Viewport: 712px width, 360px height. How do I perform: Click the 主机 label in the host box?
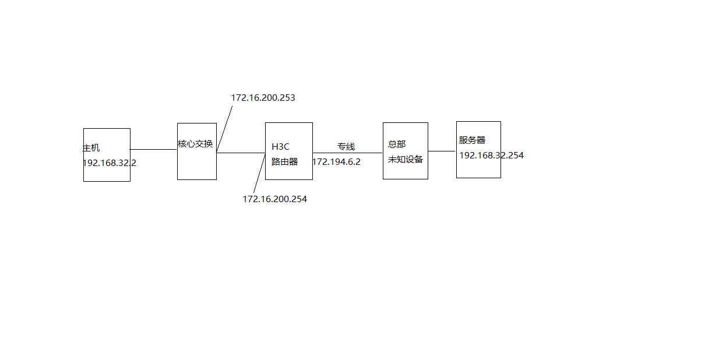(x=91, y=148)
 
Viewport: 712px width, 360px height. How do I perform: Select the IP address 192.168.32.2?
(x=110, y=163)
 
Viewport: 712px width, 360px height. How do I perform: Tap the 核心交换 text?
(x=195, y=144)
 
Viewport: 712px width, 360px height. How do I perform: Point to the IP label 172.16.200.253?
(x=263, y=98)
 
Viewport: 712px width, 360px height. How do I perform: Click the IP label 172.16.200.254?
(x=274, y=199)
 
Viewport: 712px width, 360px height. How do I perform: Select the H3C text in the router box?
(x=280, y=147)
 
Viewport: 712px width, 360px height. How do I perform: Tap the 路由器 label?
(x=284, y=162)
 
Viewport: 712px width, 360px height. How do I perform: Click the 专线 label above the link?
(x=346, y=147)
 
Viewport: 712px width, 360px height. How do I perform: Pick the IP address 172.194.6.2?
(x=336, y=162)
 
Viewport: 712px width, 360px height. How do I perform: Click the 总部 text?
(x=397, y=144)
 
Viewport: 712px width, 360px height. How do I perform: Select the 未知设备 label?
(x=406, y=160)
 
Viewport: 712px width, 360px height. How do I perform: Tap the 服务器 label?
(x=472, y=140)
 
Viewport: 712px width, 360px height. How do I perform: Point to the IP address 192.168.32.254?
(x=491, y=156)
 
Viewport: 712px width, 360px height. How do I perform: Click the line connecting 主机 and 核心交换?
(x=153, y=150)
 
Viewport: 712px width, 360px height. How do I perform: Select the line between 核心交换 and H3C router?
(x=241, y=153)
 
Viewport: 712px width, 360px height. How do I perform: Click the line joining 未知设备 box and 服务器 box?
(x=442, y=151)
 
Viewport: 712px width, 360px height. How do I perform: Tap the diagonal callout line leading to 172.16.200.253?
(x=225, y=128)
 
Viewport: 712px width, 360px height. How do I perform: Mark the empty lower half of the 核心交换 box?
(x=197, y=166)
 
